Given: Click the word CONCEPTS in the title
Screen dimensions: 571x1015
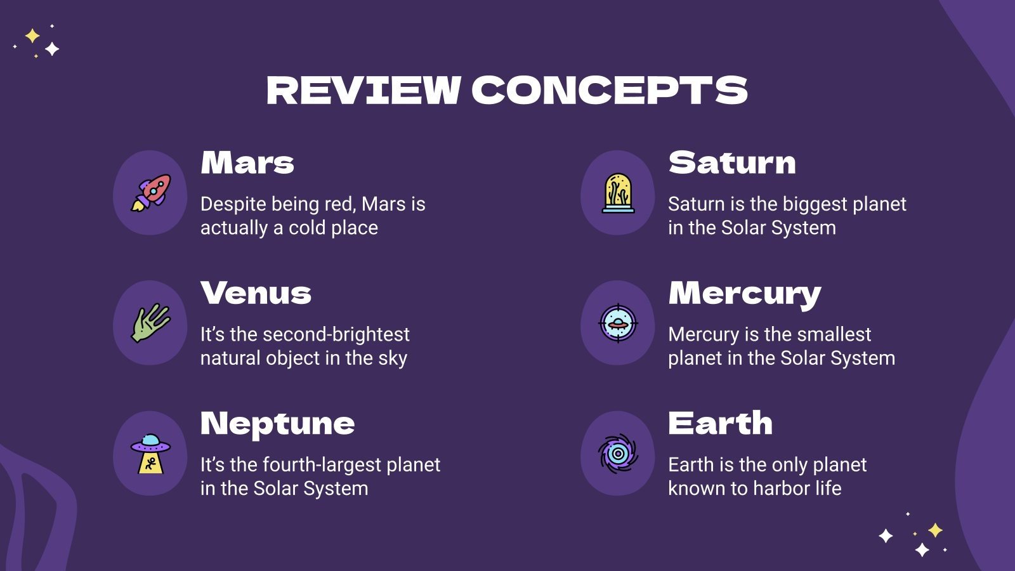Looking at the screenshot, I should click(610, 90).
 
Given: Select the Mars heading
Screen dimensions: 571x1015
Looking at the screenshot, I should click(247, 163).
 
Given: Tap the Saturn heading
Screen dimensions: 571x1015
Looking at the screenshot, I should click(732, 163).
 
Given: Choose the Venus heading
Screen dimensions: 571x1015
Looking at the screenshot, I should click(256, 293).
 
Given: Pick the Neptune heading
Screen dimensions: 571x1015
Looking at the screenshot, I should click(277, 424).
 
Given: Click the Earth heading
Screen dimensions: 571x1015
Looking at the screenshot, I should click(720, 423).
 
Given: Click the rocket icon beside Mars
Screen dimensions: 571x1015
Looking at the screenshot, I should click(150, 193).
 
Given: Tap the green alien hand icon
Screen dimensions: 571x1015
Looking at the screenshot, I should click(150, 323).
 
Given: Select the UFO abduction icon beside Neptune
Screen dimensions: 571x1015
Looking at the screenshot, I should click(150, 454).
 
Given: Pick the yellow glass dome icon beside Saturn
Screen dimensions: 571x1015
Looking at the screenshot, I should click(618, 193).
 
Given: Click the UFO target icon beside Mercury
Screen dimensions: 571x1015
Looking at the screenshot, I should click(618, 324).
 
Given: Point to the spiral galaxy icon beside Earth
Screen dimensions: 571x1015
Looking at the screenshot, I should click(618, 454).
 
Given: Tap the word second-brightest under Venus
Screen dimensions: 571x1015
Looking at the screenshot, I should click(336, 334).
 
